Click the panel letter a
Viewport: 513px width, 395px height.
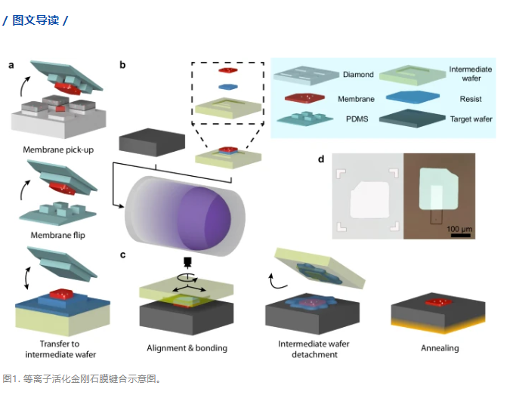(x=11, y=65)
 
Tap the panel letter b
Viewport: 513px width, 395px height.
(x=122, y=65)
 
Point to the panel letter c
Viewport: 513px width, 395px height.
(x=122, y=255)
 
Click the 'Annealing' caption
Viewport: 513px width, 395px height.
(x=439, y=348)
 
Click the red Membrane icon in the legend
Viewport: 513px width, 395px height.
(x=304, y=98)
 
